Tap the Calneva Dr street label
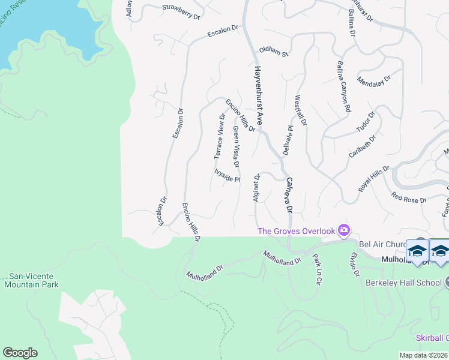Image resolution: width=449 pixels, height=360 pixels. pyautogui.click(x=289, y=195)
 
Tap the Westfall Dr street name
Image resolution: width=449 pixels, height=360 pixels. pyautogui.click(x=301, y=110)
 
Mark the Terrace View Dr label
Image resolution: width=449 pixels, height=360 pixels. pyautogui.click(x=219, y=136)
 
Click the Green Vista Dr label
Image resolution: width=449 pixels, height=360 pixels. pyautogui.click(x=236, y=147)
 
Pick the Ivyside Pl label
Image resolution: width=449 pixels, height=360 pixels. pyautogui.click(x=228, y=175)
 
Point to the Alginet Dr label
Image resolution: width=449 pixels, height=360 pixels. pyautogui.click(x=257, y=188)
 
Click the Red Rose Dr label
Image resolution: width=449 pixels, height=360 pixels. pyautogui.click(x=408, y=197)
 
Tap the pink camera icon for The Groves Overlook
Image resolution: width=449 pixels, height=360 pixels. pyautogui.click(x=344, y=230)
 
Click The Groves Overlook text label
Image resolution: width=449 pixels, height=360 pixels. pyautogui.click(x=295, y=231)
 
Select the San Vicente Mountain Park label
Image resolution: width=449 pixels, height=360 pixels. pyautogui.click(x=31, y=280)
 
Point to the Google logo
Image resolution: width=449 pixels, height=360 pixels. pyautogui.click(x=20, y=353)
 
